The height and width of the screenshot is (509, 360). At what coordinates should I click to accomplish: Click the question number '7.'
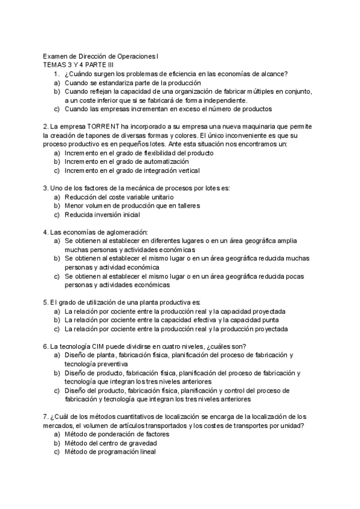(46, 417)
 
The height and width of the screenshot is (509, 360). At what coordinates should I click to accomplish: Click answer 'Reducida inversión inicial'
(103, 214)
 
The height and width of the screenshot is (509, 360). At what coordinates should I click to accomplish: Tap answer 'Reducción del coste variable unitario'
(119, 197)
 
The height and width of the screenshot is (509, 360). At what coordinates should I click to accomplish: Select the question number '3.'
(46, 188)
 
